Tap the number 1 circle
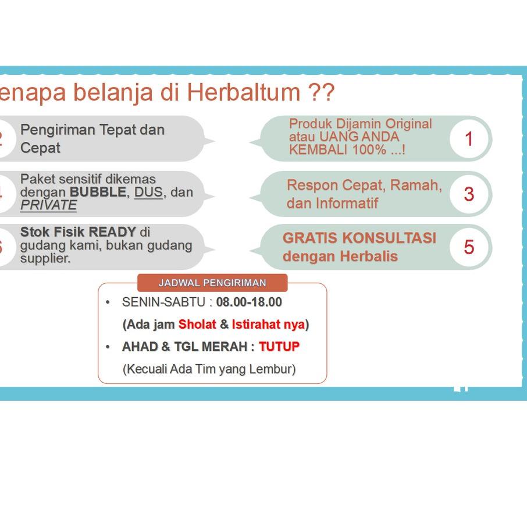(x=469, y=139)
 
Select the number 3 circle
(x=469, y=194)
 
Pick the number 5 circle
(x=469, y=247)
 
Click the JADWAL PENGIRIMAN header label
(x=212, y=283)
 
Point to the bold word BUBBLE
(x=97, y=193)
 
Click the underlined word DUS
(x=148, y=193)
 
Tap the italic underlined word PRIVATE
(x=48, y=205)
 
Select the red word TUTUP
(x=279, y=347)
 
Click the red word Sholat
(x=197, y=325)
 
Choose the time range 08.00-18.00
(x=249, y=302)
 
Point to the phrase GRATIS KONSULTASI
(x=359, y=238)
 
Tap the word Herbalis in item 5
(x=370, y=257)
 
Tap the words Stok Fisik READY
(x=78, y=232)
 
